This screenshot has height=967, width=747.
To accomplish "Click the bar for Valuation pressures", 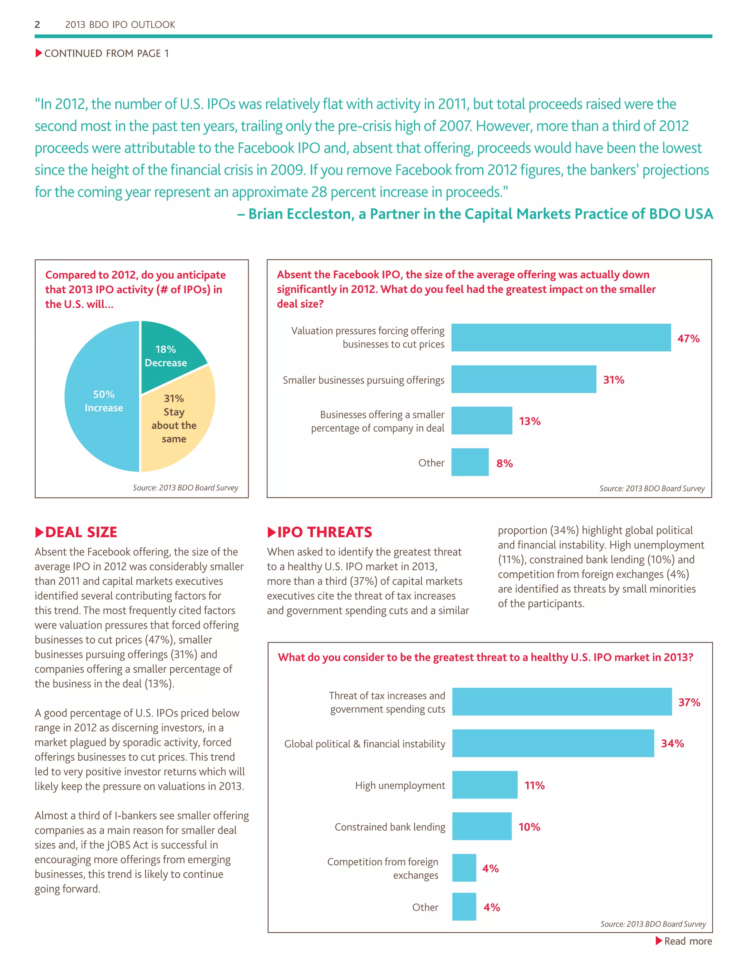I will click(561, 338).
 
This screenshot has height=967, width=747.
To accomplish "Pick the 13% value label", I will click(530, 421).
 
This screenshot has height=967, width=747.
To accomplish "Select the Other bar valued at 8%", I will click(469, 462).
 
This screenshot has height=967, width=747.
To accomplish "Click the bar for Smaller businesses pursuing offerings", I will click(523, 379).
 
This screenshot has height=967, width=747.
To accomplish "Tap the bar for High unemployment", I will click(485, 785).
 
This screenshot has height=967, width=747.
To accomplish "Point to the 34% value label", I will click(672, 743).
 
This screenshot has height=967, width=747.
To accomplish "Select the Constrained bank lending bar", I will click(481, 826).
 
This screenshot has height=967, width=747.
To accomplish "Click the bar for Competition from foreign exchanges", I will click(464, 868).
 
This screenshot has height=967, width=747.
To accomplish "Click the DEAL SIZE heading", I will click(81, 532).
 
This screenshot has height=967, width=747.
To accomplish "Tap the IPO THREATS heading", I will click(324, 532).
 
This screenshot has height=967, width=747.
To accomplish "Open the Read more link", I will click(687, 941).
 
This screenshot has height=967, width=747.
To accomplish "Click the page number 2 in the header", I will click(38, 25).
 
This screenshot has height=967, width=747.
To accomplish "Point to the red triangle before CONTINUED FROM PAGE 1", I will click(39, 53).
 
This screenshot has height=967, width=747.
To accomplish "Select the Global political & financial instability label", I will click(364, 744).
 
